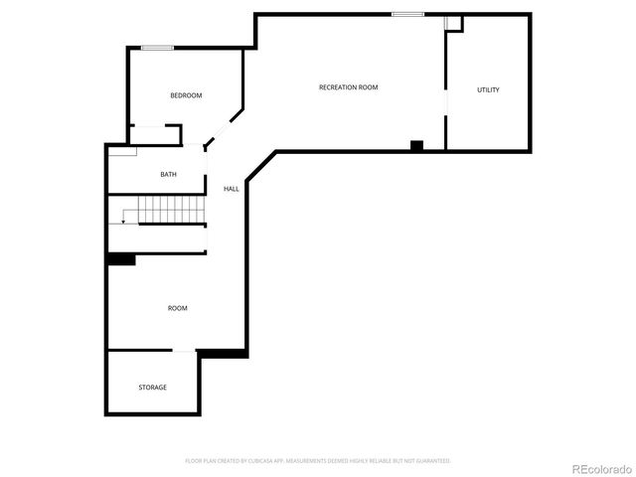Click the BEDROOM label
[186, 95]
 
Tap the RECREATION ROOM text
[348, 87]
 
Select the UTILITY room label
[488, 90]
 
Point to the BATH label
[169, 175]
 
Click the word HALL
[231, 189]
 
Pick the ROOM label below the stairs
[177, 308]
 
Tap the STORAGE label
[152, 387]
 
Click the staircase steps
[170, 210]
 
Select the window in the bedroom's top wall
[157, 48]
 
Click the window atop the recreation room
[407, 14]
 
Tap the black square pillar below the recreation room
[416, 146]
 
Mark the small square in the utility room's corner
[454, 23]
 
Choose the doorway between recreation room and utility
[445, 103]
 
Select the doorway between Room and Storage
[185, 350]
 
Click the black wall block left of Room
[120, 259]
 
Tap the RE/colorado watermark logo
[598, 468]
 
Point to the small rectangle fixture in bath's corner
[122, 151]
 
